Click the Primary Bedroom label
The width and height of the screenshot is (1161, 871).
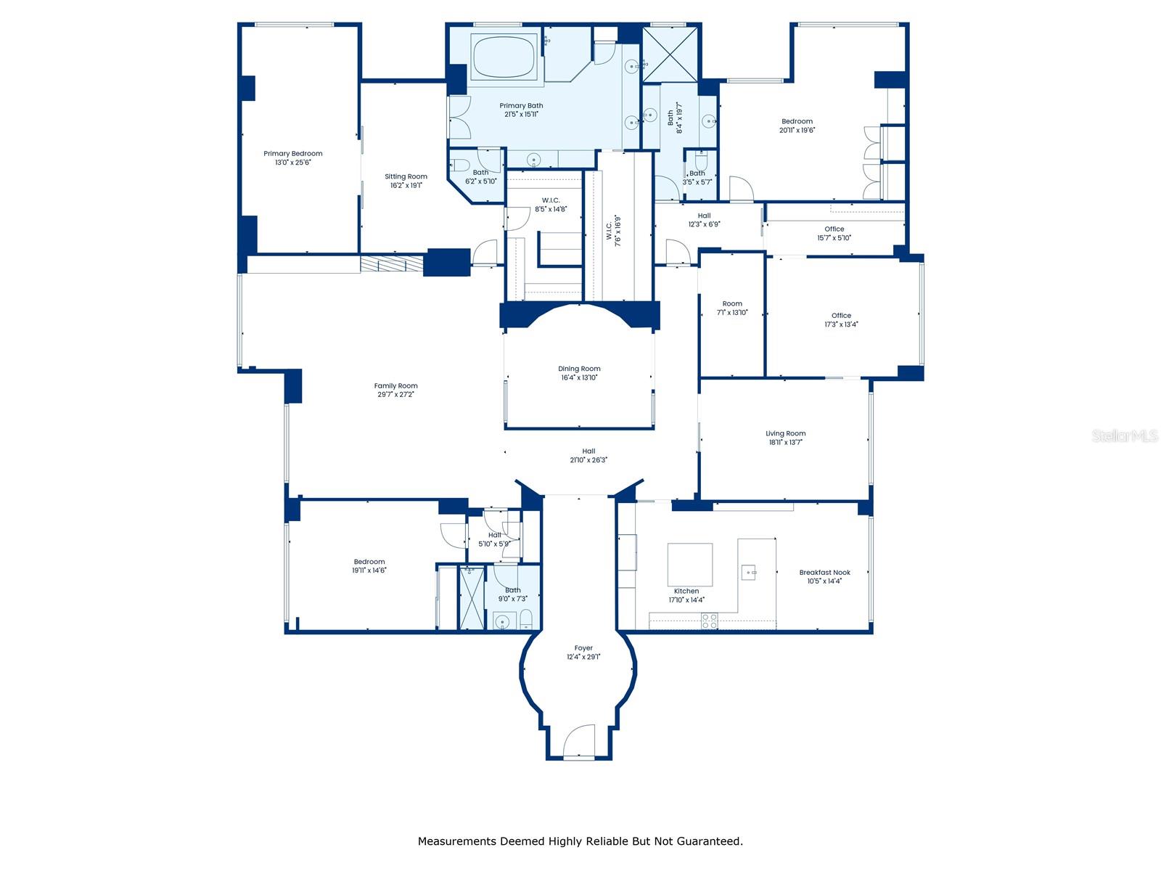pos(292,154)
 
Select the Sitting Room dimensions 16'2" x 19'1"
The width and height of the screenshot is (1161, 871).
pos(406,186)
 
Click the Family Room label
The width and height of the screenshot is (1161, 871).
pos(395,386)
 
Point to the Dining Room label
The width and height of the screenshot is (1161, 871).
pos(579,369)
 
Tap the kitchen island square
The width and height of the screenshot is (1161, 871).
pos(689,565)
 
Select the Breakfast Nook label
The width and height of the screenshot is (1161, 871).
pos(824,572)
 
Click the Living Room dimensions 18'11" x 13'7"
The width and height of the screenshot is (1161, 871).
pos(786,442)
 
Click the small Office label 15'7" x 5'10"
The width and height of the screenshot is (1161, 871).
pos(834,237)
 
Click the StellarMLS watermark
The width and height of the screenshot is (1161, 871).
pos(1124,436)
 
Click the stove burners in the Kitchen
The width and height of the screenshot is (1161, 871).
pos(709,621)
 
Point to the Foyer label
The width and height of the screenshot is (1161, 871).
pos(583,648)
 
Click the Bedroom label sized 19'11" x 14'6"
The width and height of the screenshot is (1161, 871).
pos(369,562)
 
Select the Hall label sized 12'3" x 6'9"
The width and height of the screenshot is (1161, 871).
pos(704,216)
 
